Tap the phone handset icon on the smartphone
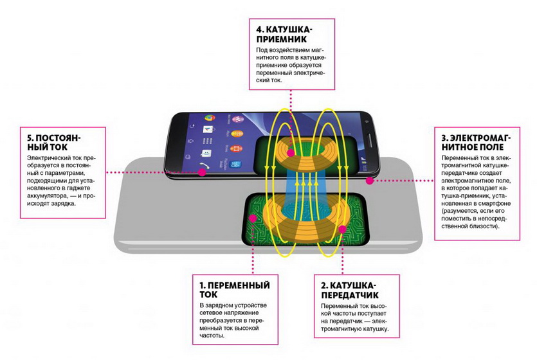click(205, 165)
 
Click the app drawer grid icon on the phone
click(207, 141)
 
